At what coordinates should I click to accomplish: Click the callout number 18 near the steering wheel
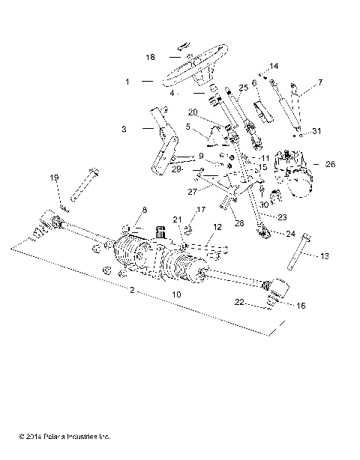(150, 56)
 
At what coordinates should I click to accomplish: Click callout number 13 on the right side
(324, 255)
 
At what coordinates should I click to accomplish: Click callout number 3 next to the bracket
(124, 129)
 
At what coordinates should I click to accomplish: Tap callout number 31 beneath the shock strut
(316, 132)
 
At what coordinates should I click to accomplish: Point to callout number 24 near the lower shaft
(291, 233)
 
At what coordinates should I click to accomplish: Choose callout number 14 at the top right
(274, 66)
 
